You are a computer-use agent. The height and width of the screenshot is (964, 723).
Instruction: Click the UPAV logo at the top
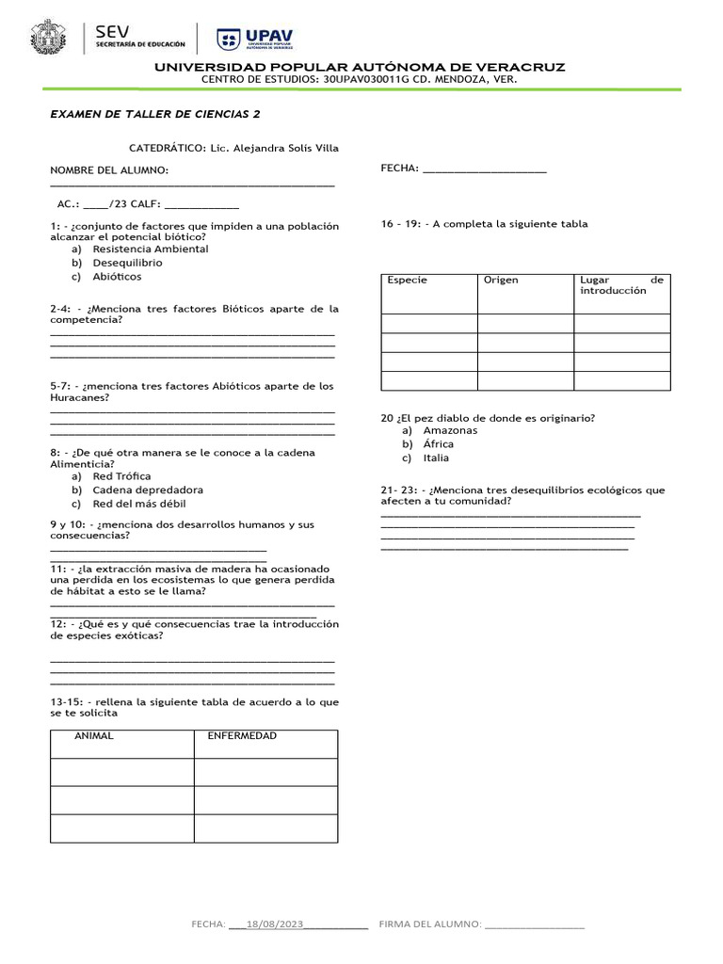pos(255,39)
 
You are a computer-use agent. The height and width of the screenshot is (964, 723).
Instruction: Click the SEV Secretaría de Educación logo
pos(139,39)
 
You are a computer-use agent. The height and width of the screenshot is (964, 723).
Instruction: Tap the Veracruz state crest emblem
pos(49,39)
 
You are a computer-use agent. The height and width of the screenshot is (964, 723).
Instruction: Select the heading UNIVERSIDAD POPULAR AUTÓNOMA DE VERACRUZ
pos(360,68)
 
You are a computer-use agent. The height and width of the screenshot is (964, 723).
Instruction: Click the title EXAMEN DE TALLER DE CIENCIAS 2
pos(154,114)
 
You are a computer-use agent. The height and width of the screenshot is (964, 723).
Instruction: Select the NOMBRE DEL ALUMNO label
pos(109,169)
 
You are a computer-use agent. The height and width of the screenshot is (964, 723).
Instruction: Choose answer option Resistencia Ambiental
pos(150,249)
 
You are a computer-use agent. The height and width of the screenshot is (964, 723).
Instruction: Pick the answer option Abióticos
pos(117,277)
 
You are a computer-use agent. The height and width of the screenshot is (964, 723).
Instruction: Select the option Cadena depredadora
pos(147,490)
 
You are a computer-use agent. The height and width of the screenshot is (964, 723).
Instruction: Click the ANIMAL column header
pos(94,736)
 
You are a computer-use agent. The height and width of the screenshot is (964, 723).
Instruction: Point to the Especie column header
pos(407,281)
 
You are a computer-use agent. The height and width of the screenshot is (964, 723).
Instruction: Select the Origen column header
pos(501,281)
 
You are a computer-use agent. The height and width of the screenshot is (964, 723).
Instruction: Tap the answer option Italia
pos(436,458)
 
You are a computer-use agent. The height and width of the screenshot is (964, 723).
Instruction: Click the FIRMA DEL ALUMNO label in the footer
pos(429,925)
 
